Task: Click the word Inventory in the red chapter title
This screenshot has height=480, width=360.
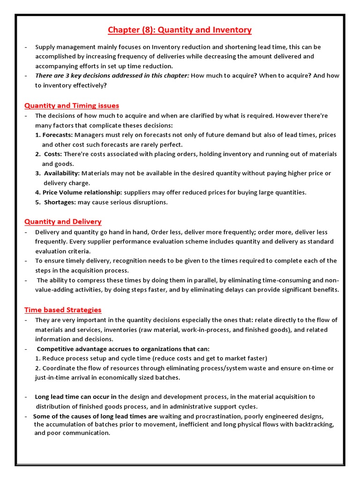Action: click(232, 30)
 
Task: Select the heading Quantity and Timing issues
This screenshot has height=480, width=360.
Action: click(72, 105)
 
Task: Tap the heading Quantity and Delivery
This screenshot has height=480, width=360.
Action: click(63, 221)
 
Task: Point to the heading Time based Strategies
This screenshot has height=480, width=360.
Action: click(63, 309)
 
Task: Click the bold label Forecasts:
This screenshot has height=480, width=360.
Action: click(57, 135)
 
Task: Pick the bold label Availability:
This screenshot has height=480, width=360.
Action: click(62, 173)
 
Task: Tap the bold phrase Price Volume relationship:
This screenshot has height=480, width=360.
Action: click(82, 192)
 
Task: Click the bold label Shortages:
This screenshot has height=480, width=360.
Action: click(60, 202)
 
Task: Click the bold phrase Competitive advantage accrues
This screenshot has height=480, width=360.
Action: click(87, 349)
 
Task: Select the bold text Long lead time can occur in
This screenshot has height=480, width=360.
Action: click(76, 397)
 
